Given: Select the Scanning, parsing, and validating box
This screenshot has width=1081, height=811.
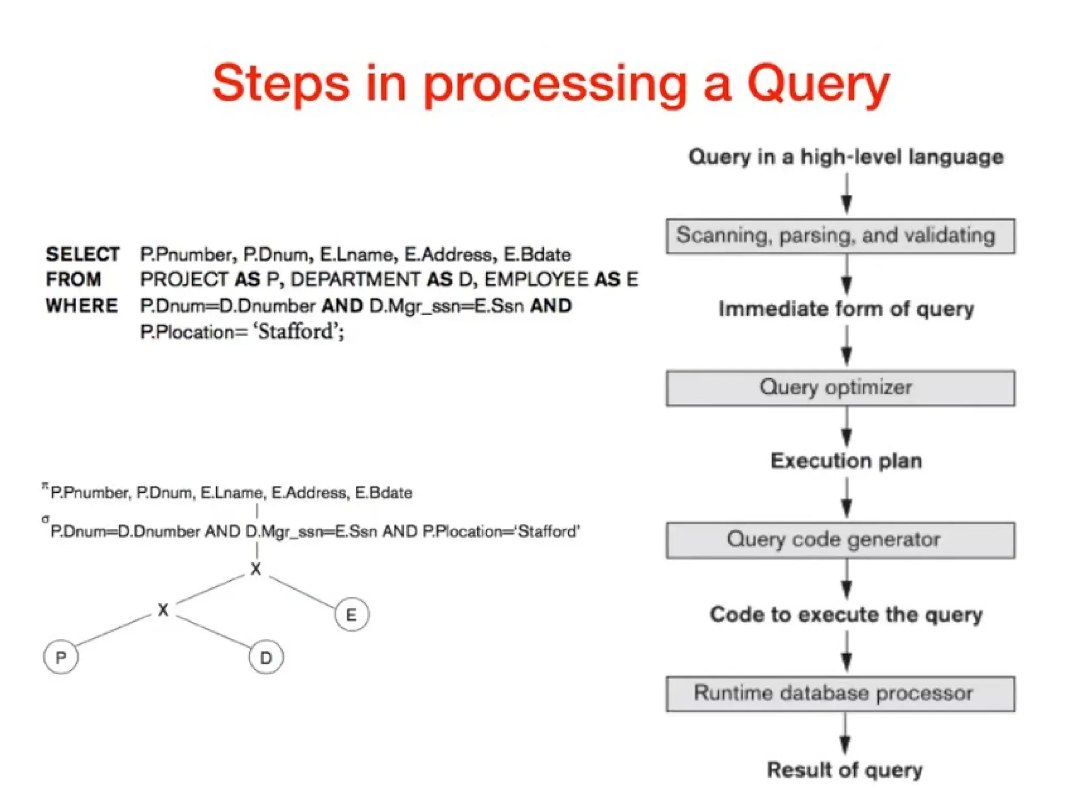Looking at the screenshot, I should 840,236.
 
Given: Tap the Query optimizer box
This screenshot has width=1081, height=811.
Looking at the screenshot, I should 840,388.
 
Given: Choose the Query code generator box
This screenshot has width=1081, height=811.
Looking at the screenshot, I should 840,540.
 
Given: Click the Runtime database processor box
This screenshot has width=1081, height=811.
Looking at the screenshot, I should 840,694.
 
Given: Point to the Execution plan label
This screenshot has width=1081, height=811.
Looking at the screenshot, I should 846,461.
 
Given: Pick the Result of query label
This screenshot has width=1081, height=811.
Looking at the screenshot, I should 845,770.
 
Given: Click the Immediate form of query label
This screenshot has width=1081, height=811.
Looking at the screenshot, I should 846,309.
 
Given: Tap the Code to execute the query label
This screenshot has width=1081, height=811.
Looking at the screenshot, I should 846,615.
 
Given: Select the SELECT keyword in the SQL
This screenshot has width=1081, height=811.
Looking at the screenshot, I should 82,254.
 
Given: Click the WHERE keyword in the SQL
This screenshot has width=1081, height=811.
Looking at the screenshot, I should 82,306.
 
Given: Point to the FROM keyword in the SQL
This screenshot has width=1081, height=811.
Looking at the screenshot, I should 73,279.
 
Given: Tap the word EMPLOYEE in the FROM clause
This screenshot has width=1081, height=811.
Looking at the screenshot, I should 536,279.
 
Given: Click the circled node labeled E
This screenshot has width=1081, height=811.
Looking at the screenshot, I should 352,615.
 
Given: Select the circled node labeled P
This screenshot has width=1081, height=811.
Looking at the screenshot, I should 61,657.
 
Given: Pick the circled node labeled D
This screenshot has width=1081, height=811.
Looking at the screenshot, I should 265,657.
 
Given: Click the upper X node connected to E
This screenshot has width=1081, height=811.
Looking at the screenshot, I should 256,569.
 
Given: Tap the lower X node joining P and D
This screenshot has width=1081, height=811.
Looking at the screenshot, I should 163,610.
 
